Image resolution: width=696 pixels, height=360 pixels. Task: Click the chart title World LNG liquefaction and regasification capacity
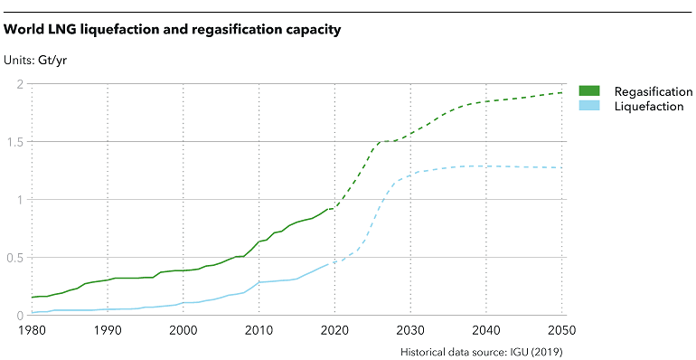173,31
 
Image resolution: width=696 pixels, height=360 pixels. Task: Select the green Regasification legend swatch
589,91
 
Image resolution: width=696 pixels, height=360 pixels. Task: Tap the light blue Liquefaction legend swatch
589,107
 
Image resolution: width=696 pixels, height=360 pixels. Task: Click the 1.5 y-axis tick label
14,142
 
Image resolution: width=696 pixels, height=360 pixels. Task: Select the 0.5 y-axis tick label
14,258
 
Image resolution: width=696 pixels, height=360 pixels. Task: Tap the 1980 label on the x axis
32,331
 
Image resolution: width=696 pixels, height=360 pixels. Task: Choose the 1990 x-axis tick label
108,331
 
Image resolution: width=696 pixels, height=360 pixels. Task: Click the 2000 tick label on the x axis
183,331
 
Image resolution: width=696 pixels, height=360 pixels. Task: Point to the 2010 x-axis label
259,331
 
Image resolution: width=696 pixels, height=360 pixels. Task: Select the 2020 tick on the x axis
335,331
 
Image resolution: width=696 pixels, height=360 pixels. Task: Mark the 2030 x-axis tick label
411,331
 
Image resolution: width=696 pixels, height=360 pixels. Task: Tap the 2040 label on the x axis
487,331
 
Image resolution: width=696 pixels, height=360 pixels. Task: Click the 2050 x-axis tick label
561,331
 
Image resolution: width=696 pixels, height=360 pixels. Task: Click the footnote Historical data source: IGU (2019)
481,351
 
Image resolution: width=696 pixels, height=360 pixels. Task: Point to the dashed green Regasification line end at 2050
562,93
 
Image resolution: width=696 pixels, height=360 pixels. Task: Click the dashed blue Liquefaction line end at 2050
562,167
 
